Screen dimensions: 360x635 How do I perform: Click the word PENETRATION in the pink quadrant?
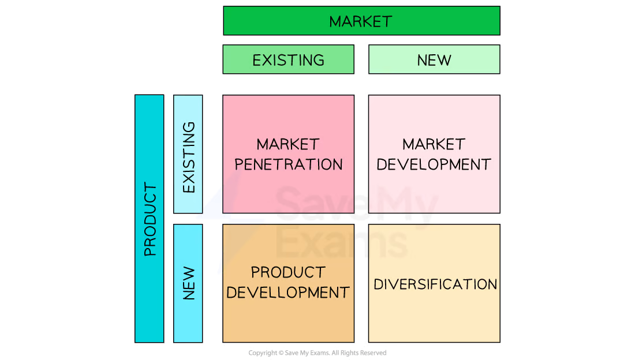288,164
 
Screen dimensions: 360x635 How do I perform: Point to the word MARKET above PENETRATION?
288,144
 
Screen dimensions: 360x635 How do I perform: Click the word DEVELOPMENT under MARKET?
434,164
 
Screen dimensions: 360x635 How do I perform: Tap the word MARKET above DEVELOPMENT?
434,144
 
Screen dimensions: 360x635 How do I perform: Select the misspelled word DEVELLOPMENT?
288,292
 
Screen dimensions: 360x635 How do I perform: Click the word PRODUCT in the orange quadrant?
288,272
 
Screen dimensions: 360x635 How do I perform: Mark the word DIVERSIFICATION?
435,284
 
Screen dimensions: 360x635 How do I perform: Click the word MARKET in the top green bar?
361,21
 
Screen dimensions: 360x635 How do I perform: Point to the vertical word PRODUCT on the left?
150,219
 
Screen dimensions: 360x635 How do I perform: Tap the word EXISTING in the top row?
288,60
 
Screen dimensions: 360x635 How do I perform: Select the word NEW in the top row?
434,60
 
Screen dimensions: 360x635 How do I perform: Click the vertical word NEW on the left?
188,283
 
